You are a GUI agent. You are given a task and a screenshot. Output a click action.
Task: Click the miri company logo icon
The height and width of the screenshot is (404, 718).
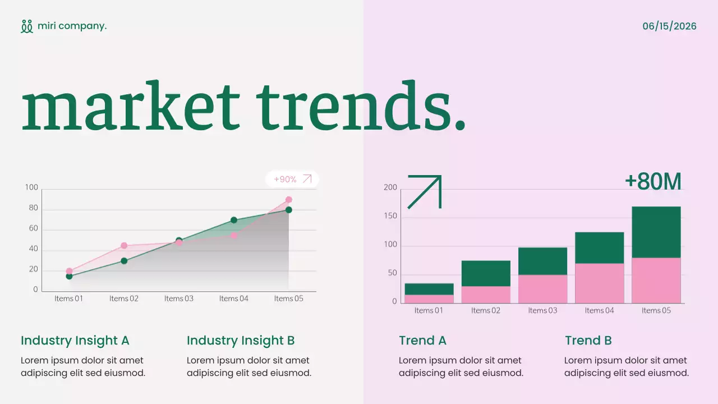27,26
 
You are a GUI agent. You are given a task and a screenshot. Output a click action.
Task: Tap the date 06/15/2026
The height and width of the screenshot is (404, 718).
669,26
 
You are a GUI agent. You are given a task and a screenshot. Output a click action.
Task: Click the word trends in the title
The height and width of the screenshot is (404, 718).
361,107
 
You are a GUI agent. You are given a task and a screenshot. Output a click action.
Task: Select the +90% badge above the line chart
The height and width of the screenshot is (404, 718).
292,180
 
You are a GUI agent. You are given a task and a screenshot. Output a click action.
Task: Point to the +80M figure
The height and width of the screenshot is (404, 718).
653,182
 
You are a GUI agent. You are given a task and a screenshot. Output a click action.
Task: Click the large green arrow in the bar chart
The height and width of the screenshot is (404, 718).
425,191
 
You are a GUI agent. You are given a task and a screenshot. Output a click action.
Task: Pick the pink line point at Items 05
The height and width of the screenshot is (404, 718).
289,200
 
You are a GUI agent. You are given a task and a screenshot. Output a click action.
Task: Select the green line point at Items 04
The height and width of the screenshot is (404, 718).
234,220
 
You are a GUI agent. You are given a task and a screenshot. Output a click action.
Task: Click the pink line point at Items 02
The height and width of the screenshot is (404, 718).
124,246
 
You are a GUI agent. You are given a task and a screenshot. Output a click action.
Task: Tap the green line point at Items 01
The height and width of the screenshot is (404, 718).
69,276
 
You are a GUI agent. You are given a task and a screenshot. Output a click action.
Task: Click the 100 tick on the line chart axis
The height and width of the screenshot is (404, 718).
31,187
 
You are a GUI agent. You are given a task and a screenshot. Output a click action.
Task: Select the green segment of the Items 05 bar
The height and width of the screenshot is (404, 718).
656,232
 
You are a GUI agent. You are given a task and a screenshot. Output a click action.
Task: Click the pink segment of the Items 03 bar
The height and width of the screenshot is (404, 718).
542,289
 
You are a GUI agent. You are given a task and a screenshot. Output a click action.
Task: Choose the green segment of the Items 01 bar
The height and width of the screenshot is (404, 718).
429,289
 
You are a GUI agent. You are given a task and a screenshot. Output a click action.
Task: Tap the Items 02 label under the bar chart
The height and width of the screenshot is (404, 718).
486,310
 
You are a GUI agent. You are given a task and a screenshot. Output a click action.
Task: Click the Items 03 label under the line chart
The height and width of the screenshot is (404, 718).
179,299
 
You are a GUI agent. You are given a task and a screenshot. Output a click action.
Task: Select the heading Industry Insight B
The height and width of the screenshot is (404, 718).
241,341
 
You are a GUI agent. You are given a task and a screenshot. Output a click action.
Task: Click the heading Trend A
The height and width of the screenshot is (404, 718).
422,341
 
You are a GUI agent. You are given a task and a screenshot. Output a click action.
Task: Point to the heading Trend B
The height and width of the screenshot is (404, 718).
588,341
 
